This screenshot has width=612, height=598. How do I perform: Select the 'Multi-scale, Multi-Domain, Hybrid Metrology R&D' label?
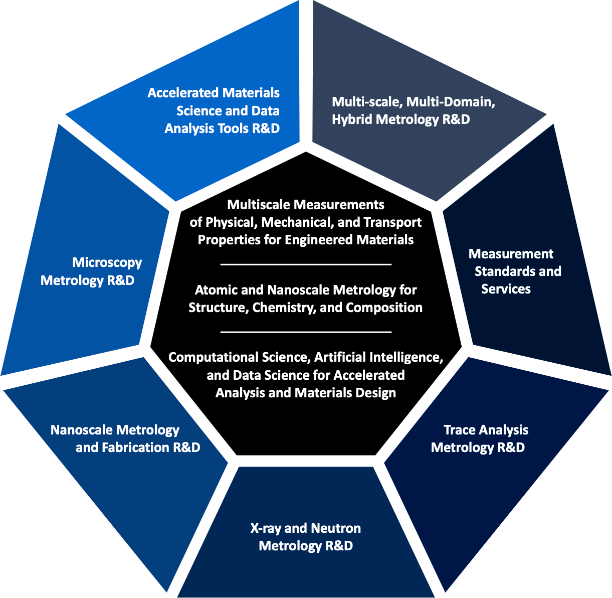[x=413, y=110]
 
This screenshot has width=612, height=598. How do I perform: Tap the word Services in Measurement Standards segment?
[x=506, y=289]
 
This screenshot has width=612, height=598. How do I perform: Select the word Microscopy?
[x=107, y=262]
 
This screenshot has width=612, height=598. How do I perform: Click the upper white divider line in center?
[x=306, y=264]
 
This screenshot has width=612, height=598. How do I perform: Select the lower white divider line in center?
[x=306, y=332]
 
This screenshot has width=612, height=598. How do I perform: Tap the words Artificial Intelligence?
[x=378, y=358]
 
